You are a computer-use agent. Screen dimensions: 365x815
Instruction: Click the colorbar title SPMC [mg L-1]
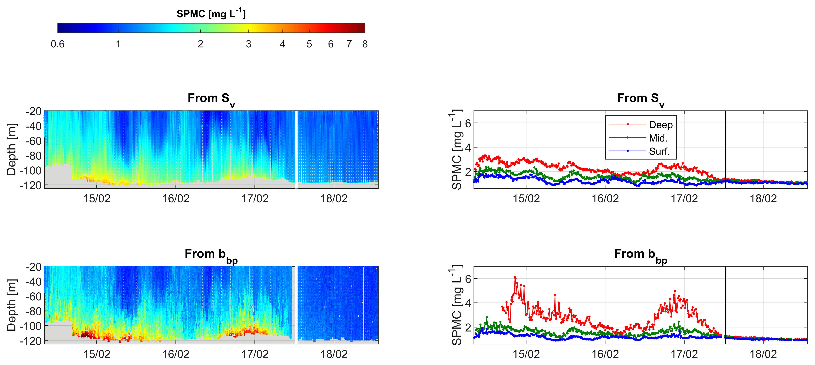click(x=211, y=13)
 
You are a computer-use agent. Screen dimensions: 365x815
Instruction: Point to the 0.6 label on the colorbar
click(x=58, y=44)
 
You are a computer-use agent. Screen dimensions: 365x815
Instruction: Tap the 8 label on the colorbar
click(x=365, y=44)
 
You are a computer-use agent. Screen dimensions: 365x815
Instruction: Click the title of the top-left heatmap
click(x=211, y=99)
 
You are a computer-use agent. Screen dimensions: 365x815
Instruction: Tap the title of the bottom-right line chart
click(x=640, y=254)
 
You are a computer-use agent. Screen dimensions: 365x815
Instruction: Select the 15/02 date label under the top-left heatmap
click(x=97, y=198)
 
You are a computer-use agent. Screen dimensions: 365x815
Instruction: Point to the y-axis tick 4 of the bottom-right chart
click(x=468, y=303)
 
